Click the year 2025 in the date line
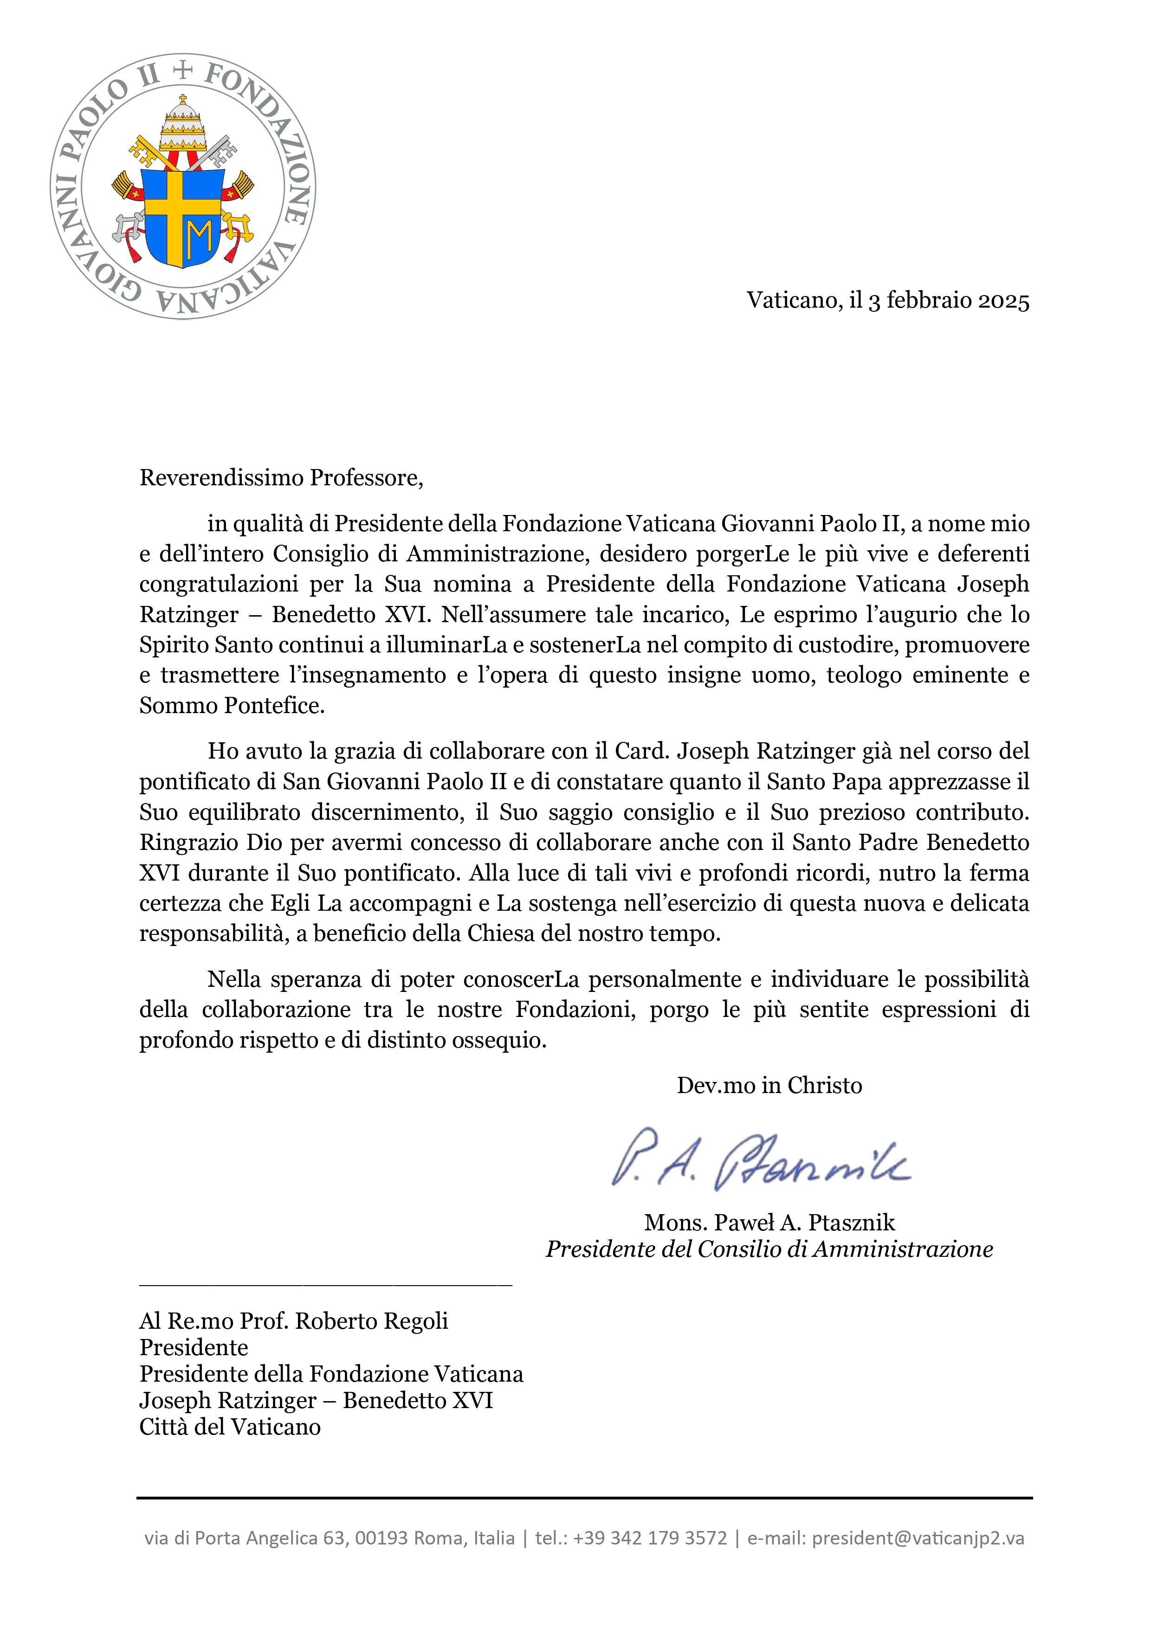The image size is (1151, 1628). tap(1003, 301)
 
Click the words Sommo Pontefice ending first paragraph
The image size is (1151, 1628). tap(232, 706)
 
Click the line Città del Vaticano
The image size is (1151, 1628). tap(230, 1427)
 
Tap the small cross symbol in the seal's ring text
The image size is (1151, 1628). tap(183, 70)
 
